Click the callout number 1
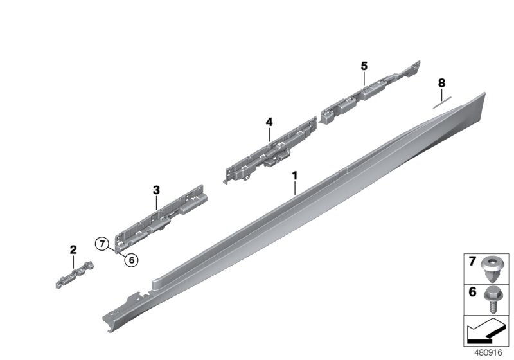click(295, 175)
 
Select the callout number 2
click(73, 249)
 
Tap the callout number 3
click(156, 190)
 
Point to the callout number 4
click(270, 122)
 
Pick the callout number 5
click(364, 66)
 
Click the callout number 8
click(441, 83)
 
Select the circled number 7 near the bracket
click(101, 244)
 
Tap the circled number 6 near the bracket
click(132, 260)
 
